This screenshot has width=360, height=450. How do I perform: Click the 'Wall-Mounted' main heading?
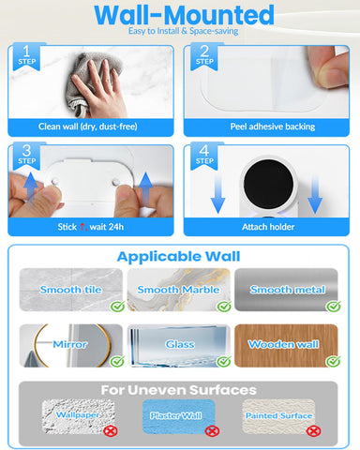[184, 15]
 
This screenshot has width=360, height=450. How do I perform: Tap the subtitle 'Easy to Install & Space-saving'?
[184, 31]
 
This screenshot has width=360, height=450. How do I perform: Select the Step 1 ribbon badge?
[26, 56]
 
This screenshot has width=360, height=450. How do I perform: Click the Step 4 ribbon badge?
[204, 156]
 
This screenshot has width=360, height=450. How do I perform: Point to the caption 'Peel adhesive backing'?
[273, 127]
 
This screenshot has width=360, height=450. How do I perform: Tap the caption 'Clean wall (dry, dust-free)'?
[88, 127]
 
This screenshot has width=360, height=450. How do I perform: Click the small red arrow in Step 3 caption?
[82, 227]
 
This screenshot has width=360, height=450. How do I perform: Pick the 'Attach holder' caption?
[268, 227]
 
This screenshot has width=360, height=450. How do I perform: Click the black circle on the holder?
[268, 185]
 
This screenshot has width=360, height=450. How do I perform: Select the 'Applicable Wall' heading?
[178, 257]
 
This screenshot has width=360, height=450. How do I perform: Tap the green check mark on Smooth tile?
[117, 307]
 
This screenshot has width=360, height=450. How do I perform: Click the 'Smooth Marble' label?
[178, 290]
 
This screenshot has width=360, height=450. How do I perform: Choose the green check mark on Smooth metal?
[333, 307]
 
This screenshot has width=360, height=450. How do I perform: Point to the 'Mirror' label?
[69, 344]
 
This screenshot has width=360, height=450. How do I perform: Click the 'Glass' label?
[180, 344]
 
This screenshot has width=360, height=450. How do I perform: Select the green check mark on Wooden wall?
[333, 361]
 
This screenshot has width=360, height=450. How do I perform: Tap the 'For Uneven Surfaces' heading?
[178, 390]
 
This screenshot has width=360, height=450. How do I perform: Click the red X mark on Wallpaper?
[111, 431]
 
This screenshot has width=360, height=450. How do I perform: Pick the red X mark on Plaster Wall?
[212, 431]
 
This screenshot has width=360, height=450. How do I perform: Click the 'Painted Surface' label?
[278, 415]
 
